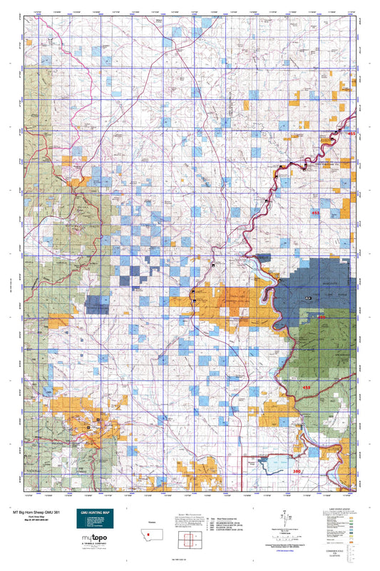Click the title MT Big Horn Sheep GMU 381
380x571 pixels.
point(37,511)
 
